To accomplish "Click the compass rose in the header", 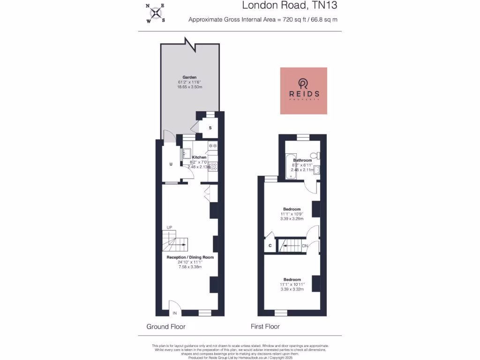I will [155, 13].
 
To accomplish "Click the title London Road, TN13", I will [289, 6].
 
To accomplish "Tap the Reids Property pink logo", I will [303, 90].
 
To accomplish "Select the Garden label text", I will [189, 77].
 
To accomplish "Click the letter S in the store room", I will [210, 128].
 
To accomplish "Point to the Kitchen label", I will [199, 157].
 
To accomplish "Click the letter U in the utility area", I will [172, 164].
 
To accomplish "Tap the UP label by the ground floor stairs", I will [169, 227].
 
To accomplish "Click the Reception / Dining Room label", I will [190, 257].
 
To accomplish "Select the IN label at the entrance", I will [175, 313].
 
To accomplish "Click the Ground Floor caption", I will [165, 327].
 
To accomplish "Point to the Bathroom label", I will [302, 160].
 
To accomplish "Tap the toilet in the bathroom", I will [318, 156].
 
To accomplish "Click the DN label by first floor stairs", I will [305, 246].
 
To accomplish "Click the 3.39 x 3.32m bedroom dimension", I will [292, 289].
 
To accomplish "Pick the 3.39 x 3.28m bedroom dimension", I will [292, 218].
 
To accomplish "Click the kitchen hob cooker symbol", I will [212, 165].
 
